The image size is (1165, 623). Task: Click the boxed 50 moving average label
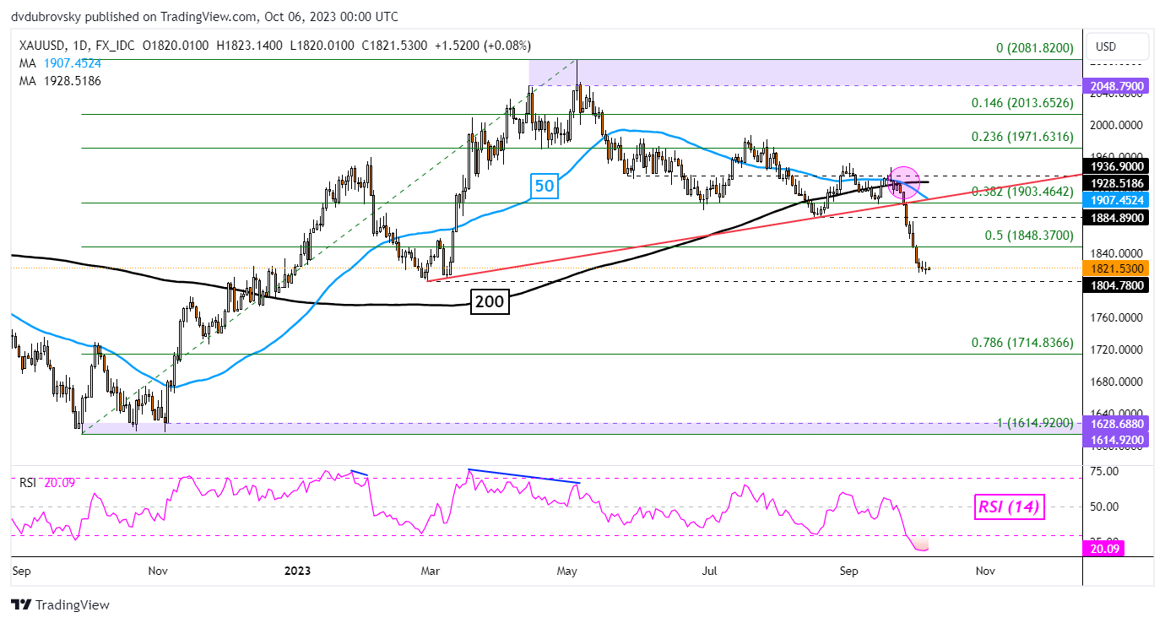pyautogui.click(x=545, y=186)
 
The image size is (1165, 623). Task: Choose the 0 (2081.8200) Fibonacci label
pyautogui.click(x=1034, y=48)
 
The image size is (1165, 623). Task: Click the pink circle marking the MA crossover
pyautogui.click(x=903, y=183)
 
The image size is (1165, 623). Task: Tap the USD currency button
pyautogui.click(x=1105, y=46)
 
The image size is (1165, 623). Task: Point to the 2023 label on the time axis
pyautogui.click(x=296, y=571)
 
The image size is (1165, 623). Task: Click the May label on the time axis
pyautogui.click(x=567, y=571)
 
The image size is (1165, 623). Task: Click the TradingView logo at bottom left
pyautogui.click(x=60, y=604)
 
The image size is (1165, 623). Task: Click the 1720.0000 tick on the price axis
pyautogui.click(x=1119, y=349)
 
